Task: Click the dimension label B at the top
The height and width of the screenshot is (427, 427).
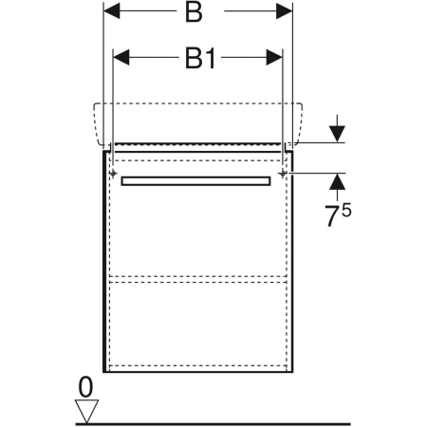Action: pyautogui.click(x=194, y=12)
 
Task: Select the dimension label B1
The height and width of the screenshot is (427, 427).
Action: pyautogui.click(x=200, y=59)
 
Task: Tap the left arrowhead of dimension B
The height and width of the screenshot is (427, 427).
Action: pyautogui.click(x=112, y=11)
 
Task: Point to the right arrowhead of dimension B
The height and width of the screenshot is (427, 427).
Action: pyautogui.click(x=285, y=11)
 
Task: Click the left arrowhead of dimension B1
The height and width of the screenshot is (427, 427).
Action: pyautogui.click(x=121, y=57)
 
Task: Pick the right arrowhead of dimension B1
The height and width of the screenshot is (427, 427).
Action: pyautogui.click(x=274, y=57)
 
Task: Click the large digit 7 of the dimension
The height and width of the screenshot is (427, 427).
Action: pyautogui.click(x=333, y=216)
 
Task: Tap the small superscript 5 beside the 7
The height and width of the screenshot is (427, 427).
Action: pyautogui.click(x=346, y=211)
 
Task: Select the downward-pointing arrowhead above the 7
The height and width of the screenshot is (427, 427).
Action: pyautogui.click(x=337, y=134)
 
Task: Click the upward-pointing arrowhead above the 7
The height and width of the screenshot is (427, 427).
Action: pyautogui.click(x=337, y=181)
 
